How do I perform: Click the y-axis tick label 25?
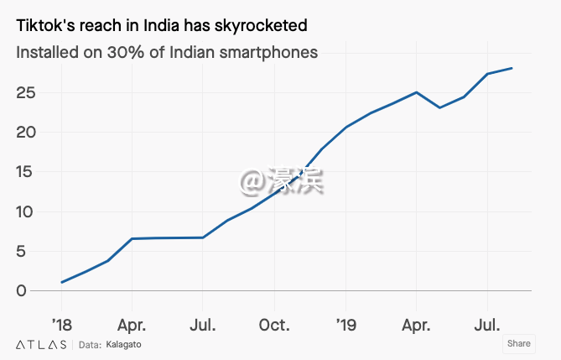27,92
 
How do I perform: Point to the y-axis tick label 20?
27,132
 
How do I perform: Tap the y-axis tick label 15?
27,172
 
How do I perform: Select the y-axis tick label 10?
27,211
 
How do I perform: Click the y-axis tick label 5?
32,251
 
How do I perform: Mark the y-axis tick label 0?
32,290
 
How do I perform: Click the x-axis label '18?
61,324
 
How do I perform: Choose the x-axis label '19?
345,324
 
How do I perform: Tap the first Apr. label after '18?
132,324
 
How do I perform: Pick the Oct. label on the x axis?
274,324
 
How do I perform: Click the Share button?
518,343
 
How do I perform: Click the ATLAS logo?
41,344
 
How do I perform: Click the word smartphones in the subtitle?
269,52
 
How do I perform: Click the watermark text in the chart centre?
282,180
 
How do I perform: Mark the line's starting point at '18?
61,282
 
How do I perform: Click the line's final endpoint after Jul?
512,68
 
